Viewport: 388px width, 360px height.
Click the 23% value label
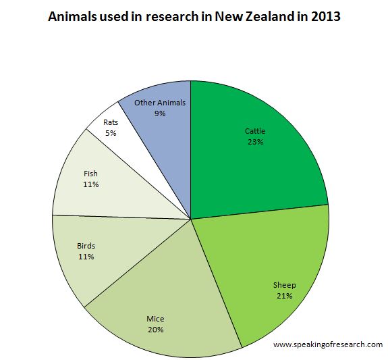(254, 143)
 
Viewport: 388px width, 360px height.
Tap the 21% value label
(284, 296)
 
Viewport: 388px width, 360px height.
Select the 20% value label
(156, 330)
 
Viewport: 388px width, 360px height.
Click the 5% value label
(110, 133)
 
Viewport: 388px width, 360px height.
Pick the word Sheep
(285, 285)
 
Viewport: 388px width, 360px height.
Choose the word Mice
(156, 319)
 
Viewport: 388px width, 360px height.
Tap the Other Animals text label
(159, 103)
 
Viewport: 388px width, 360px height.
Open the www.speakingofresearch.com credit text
(328, 344)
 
